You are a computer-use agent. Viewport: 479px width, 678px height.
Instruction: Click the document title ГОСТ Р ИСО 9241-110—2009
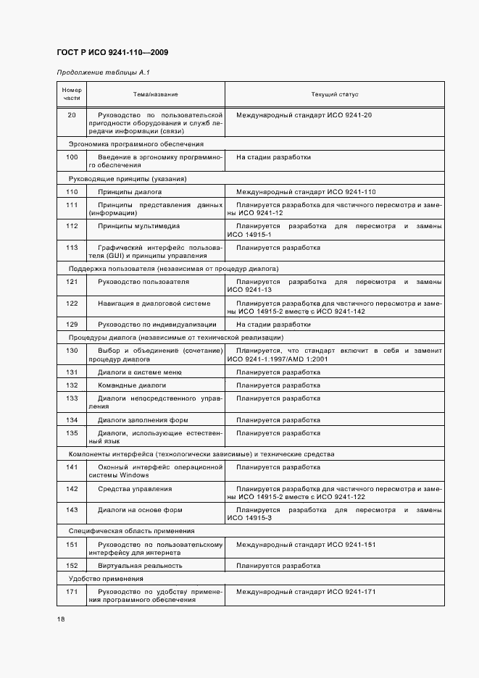click(112, 53)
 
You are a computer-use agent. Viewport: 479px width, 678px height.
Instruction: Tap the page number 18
click(61, 619)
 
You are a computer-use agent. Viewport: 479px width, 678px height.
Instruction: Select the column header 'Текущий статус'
click(335, 95)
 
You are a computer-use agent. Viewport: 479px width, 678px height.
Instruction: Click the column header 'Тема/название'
click(155, 95)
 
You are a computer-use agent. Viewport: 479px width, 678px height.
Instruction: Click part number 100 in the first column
click(72, 157)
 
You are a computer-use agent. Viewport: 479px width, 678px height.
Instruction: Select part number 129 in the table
click(72, 325)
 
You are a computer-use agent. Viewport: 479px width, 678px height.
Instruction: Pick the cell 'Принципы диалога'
click(130, 192)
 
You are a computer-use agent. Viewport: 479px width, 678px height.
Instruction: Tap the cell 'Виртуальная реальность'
click(140, 566)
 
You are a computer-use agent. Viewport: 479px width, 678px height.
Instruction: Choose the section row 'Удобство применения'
click(106, 579)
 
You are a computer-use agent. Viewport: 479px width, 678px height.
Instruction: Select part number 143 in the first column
click(72, 510)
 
